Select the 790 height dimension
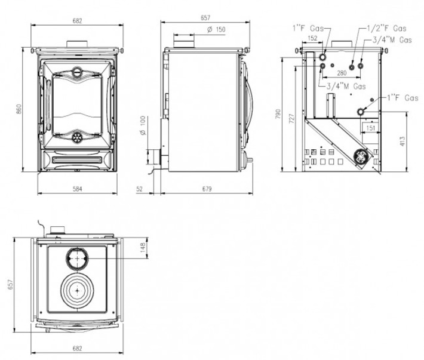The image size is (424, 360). [278, 113]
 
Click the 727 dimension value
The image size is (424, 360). [291, 118]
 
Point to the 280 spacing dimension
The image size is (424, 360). [341, 72]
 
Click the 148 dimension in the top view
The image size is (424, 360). [142, 246]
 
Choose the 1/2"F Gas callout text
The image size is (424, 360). [386, 28]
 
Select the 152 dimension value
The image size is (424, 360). [312, 38]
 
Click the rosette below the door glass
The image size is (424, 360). [78, 137]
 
